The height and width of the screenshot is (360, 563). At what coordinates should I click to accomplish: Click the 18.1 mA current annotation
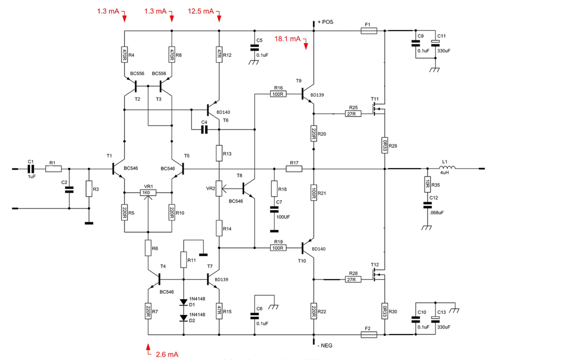point(287,39)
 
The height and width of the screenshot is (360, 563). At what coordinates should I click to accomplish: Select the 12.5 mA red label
point(201,11)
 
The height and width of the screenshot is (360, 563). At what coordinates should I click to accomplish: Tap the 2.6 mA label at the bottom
point(167,354)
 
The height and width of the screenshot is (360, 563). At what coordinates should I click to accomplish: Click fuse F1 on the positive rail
point(369,31)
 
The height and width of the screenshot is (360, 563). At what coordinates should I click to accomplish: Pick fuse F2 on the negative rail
point(369,334)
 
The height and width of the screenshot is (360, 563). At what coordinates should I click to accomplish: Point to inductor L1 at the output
point(447,168)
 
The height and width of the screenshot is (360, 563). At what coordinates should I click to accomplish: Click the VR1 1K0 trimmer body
point(148,193)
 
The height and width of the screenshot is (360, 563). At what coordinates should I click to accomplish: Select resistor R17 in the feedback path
point(294,169)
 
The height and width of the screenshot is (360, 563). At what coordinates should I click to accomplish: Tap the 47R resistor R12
point(219,55)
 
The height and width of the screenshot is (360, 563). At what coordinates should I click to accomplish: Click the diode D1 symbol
point(184,302)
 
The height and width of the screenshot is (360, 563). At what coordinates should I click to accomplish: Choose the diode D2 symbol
point(184,318)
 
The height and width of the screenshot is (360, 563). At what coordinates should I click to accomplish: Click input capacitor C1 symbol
point(31,169)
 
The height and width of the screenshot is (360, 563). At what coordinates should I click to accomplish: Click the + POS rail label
point(325,22)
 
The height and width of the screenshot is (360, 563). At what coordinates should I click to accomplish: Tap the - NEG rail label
point(325,345)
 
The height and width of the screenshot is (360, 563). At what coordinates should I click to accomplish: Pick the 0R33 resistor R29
point(384,145)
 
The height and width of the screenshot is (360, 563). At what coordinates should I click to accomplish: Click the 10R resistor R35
point(427,184)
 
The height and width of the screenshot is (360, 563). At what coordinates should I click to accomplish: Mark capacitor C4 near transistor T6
point(205,130)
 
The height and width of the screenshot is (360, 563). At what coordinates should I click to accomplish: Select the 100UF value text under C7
point(283,217)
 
